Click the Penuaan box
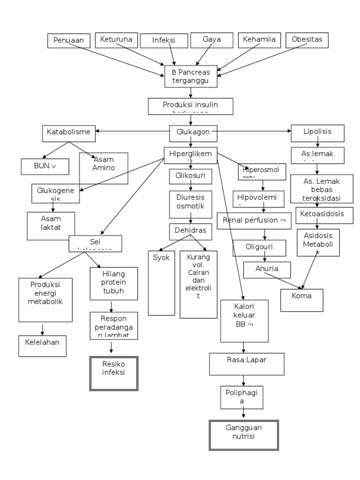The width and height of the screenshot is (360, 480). (68, 41)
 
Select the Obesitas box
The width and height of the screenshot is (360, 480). (307, 40)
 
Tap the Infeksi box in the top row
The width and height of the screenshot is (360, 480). (163, 40)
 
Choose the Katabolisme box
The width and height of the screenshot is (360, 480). (68, 132)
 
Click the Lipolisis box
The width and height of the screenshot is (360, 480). (317, 133)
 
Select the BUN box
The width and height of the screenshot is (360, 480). (45, 166)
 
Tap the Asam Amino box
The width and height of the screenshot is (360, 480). (104, 167)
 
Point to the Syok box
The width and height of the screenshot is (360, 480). (161, 283)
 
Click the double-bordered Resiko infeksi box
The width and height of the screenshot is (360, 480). (114, 373)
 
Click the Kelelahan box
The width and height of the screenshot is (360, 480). (42, 346)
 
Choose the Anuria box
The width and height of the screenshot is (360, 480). (267, 270)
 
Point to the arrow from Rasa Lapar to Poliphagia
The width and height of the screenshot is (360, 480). (243, 380)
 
